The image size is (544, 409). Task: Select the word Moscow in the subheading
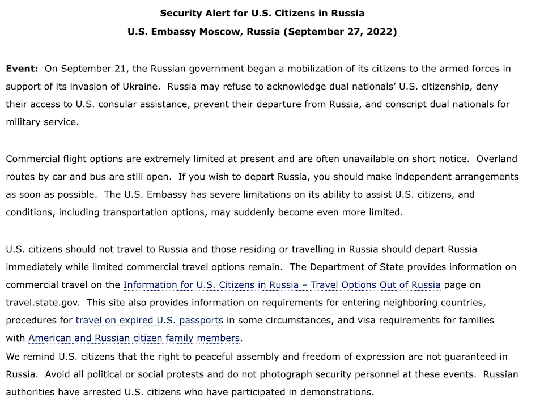(220, 32)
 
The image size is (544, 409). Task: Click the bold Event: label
(22, 69)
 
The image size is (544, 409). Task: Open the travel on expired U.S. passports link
(148, 321)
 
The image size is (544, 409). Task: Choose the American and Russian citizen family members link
(134, 338)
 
